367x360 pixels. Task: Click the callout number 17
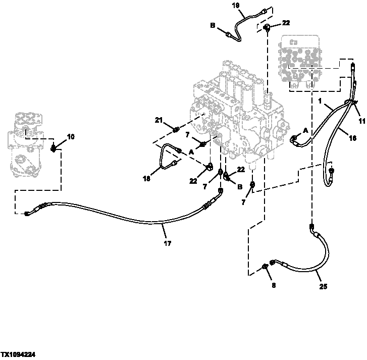pyautogui.click(x=168, y=243)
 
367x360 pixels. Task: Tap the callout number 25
pyautogui.click(x=323, y=287)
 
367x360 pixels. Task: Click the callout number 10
pyautogui.click(x=71, y=136)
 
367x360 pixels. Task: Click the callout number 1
pyautogui.click(x=319, y=101)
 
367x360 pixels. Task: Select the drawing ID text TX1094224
pyautogui.click(x=18, y=355)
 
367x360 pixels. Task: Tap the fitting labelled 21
pyautogui.click(x=176, y=131)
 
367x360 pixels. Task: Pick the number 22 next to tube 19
pyautogui.click(x=286, y=23)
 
